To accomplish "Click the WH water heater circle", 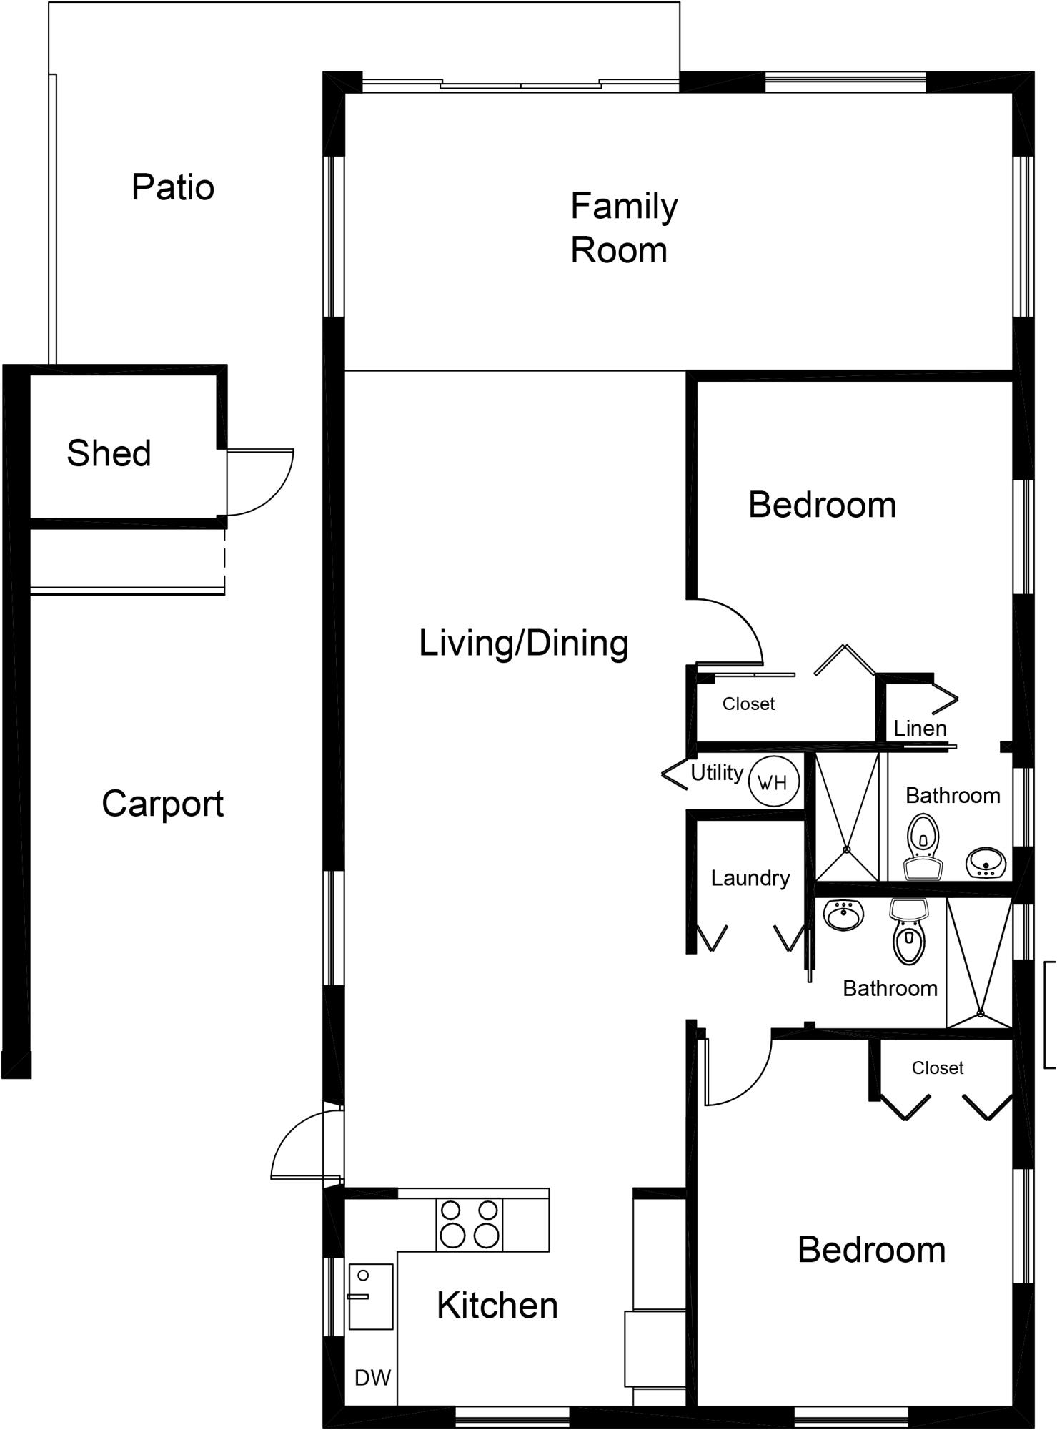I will click(773, 781).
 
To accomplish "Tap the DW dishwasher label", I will click(372, 1378).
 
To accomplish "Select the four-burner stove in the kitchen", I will click(470, 1225).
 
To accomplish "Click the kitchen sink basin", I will click(371, 1297).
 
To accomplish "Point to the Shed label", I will click(109, 453).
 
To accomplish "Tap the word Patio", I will click(173, 187).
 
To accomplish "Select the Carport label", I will click(162, 804).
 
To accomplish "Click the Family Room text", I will click(622, 228).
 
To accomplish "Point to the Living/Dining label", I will click(523, 643).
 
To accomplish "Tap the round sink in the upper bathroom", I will click(986, 863).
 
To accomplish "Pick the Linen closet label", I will click(920, 729).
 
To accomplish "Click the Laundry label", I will click(750, 878).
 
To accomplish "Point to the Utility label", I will click(716, 773).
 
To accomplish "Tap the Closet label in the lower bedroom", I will click(937, 1068).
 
